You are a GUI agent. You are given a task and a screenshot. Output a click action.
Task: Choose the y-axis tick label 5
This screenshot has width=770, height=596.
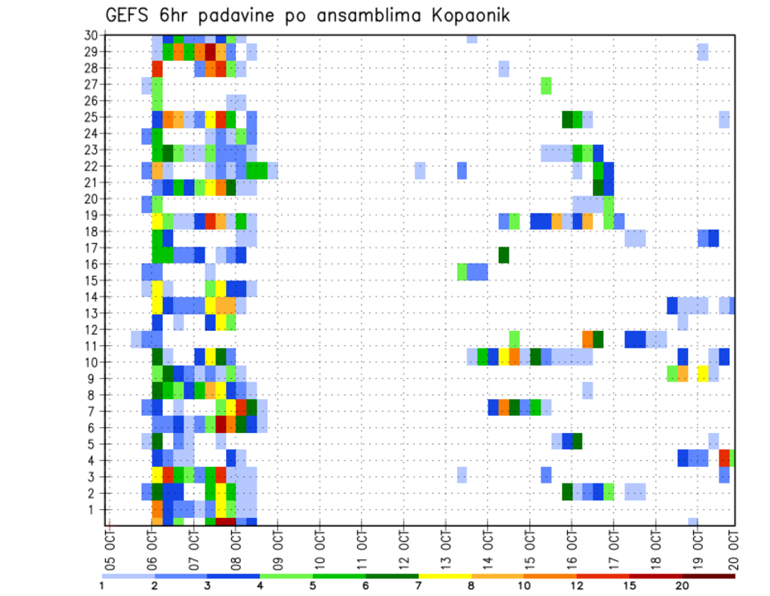pos(94,444)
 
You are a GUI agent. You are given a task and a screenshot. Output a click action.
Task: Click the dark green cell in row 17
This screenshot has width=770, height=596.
pos(504,255)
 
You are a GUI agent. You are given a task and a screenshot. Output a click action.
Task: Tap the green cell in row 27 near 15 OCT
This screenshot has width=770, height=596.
pos(546,85)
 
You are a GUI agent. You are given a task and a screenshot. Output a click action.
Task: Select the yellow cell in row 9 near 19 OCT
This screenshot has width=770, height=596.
pos(703,374)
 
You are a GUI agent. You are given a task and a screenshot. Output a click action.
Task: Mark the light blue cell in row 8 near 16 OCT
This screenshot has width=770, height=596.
pos(587,390)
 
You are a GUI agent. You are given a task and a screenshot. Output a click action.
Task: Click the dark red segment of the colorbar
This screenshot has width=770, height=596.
pos(709,575)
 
